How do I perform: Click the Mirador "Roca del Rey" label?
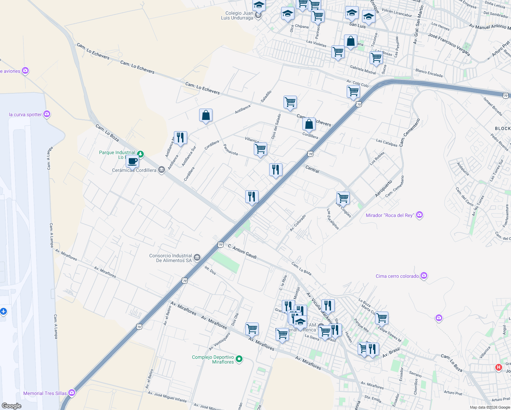[389, 215]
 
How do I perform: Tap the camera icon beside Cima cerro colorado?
[424, 276]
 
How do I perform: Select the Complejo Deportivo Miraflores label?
[213, 359]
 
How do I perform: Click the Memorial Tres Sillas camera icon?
[71, 393]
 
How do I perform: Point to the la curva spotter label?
[25, 114]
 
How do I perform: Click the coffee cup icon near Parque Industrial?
[132, 161]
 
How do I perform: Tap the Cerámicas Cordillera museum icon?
[162, 170]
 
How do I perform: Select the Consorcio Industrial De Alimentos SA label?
[170, 258]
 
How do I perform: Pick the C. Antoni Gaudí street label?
[242, 251]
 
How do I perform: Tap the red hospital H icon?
[498, 367]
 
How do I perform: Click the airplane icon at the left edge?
[3, 311]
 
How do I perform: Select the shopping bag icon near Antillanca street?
[206, 115]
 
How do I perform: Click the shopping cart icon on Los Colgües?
[343, 197]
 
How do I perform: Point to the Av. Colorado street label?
[298, 223]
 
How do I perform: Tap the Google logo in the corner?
[12, 406]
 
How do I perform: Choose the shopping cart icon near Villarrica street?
[260, 149]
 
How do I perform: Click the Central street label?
[312, 169]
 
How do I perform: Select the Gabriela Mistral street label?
[363, 70]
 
